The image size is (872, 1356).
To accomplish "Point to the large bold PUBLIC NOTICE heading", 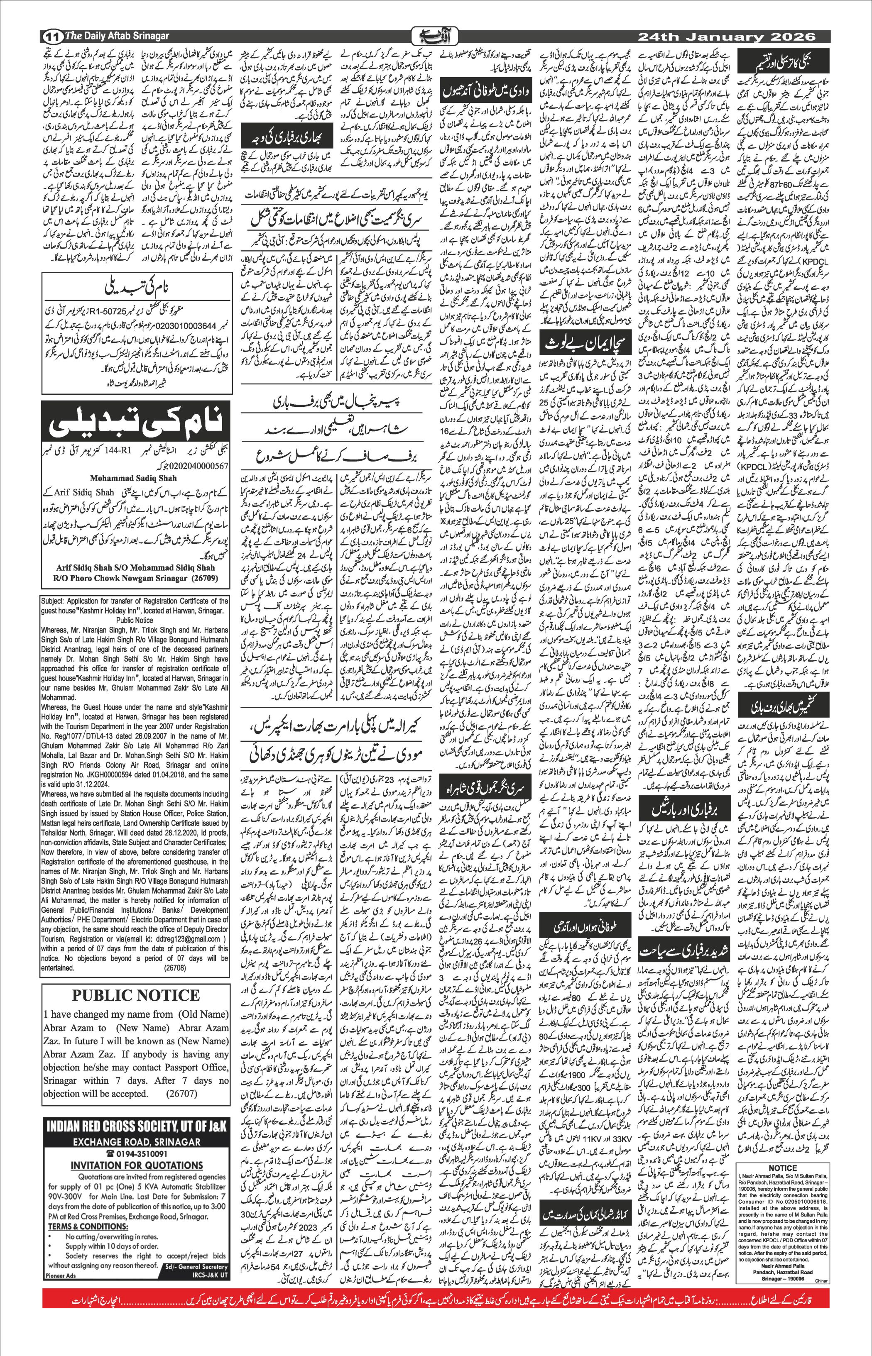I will pyautogui.click(x=135, y=995).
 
